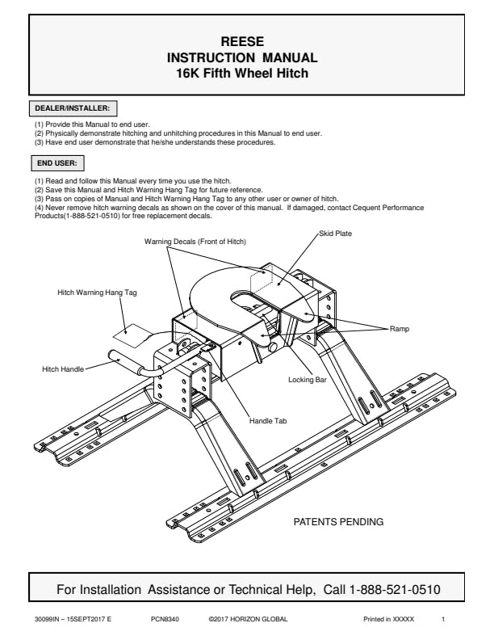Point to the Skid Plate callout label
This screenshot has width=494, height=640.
(337, 233)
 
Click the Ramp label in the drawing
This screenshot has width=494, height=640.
(400, 329)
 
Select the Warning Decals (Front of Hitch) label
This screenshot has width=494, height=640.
(195, 242)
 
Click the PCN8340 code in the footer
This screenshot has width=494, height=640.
(165, 619)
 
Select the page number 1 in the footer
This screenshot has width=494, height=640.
(443, 619)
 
